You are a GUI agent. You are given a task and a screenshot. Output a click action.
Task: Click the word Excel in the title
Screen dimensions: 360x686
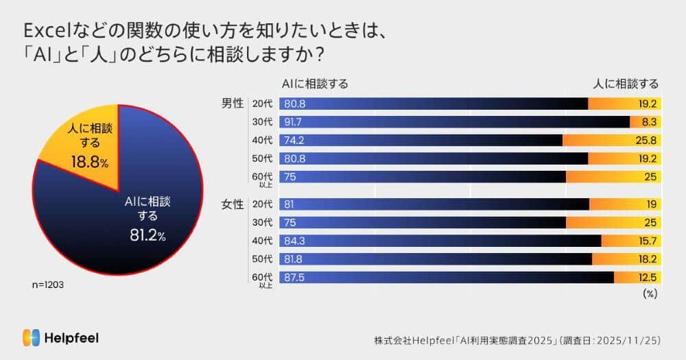point(46,31)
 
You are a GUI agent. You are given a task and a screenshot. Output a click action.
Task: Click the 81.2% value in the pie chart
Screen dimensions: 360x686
point(147,236)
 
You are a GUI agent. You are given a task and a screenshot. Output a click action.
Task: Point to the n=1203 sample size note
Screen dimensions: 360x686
point(48,283)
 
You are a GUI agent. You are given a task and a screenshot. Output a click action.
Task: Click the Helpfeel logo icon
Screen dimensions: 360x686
point(31,337)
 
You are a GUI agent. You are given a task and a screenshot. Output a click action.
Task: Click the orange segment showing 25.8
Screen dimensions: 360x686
point(611,140)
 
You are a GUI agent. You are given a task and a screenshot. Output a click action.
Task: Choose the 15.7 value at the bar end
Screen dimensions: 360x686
point(647,241)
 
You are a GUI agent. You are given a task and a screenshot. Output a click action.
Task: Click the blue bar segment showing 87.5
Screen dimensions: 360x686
point(446,277)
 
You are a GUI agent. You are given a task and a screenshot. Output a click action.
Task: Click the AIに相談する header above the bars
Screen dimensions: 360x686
point(315,84)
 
